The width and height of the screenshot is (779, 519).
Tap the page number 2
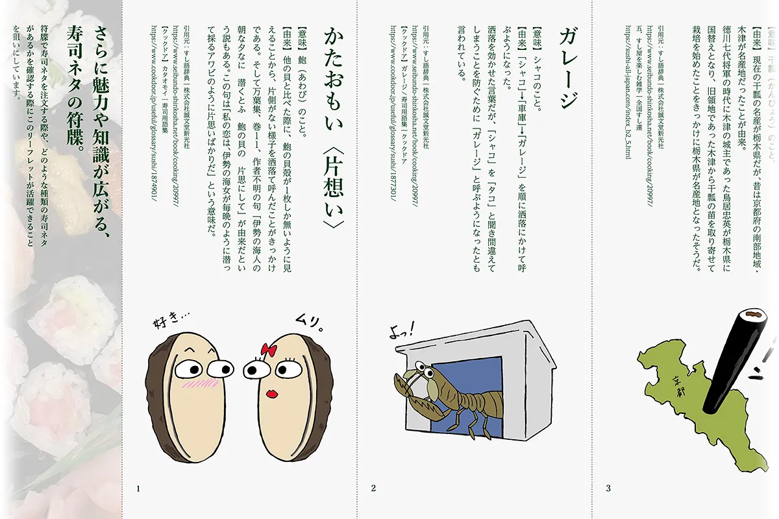[373, 488]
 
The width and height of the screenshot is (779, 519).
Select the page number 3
[608, 488]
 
